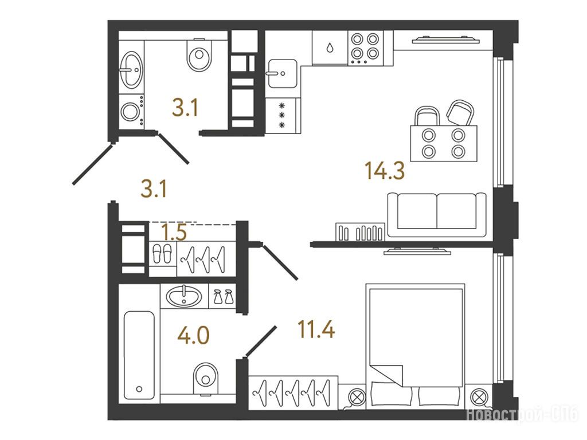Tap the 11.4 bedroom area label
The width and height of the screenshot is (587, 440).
(x=316, y=329)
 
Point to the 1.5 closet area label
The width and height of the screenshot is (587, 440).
(x=174, y=233)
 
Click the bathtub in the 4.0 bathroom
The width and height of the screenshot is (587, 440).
(x=139, y=355)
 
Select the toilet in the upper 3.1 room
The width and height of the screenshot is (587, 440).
(x=199, y=54)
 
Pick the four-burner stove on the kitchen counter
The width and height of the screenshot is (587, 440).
(x=365, y=48)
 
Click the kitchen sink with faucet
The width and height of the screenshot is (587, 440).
(x=282, y=73)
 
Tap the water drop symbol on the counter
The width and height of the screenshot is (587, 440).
(x=330, y=48)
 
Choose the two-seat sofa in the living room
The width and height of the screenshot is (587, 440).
(x=437, y=215)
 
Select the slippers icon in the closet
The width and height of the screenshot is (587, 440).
(x=162, y=254)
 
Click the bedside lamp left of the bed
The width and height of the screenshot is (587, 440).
(x=357, y=396)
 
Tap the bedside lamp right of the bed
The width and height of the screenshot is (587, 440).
(x=479, y=396)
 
